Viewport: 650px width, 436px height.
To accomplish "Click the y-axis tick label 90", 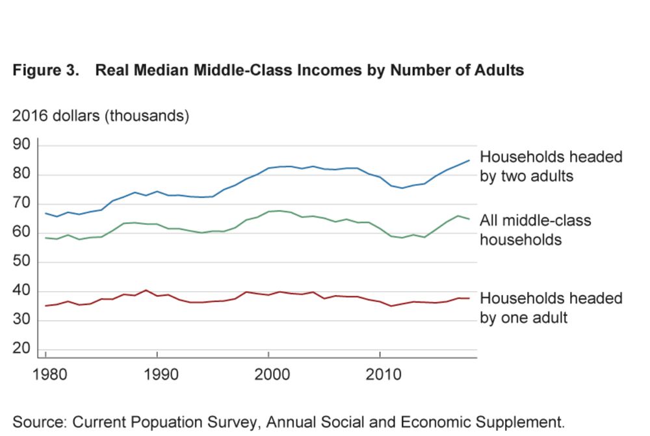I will click(22, 144).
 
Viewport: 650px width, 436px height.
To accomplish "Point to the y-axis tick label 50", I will click(22, 262).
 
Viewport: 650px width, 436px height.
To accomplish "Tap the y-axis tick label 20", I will click(22, 349).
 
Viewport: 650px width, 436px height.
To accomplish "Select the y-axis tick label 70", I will click(22, 203).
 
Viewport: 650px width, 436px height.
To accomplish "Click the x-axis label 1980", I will click(47, 376).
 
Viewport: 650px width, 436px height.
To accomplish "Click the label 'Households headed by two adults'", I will click(551, 166).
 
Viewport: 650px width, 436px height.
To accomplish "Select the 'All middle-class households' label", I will click(535, 229).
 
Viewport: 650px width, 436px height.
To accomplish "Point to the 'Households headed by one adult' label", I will click(551, 307).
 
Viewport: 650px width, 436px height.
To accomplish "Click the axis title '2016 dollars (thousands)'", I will click(101, 116).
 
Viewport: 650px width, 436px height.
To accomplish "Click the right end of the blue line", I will click(469, 160).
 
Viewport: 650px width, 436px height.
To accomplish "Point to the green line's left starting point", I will click(45, 238).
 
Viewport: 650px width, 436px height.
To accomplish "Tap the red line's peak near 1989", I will click(146, 290).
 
